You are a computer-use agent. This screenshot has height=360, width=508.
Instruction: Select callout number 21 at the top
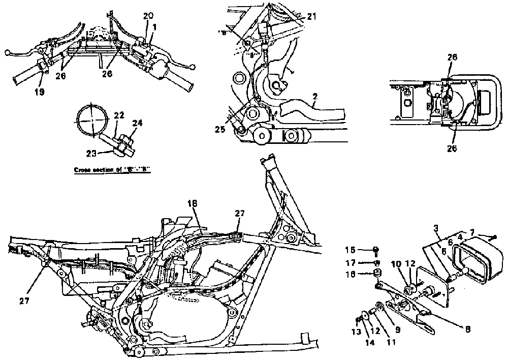(x=311, y=16)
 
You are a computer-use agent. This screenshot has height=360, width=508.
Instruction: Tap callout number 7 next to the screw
(x=472, y=232)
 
